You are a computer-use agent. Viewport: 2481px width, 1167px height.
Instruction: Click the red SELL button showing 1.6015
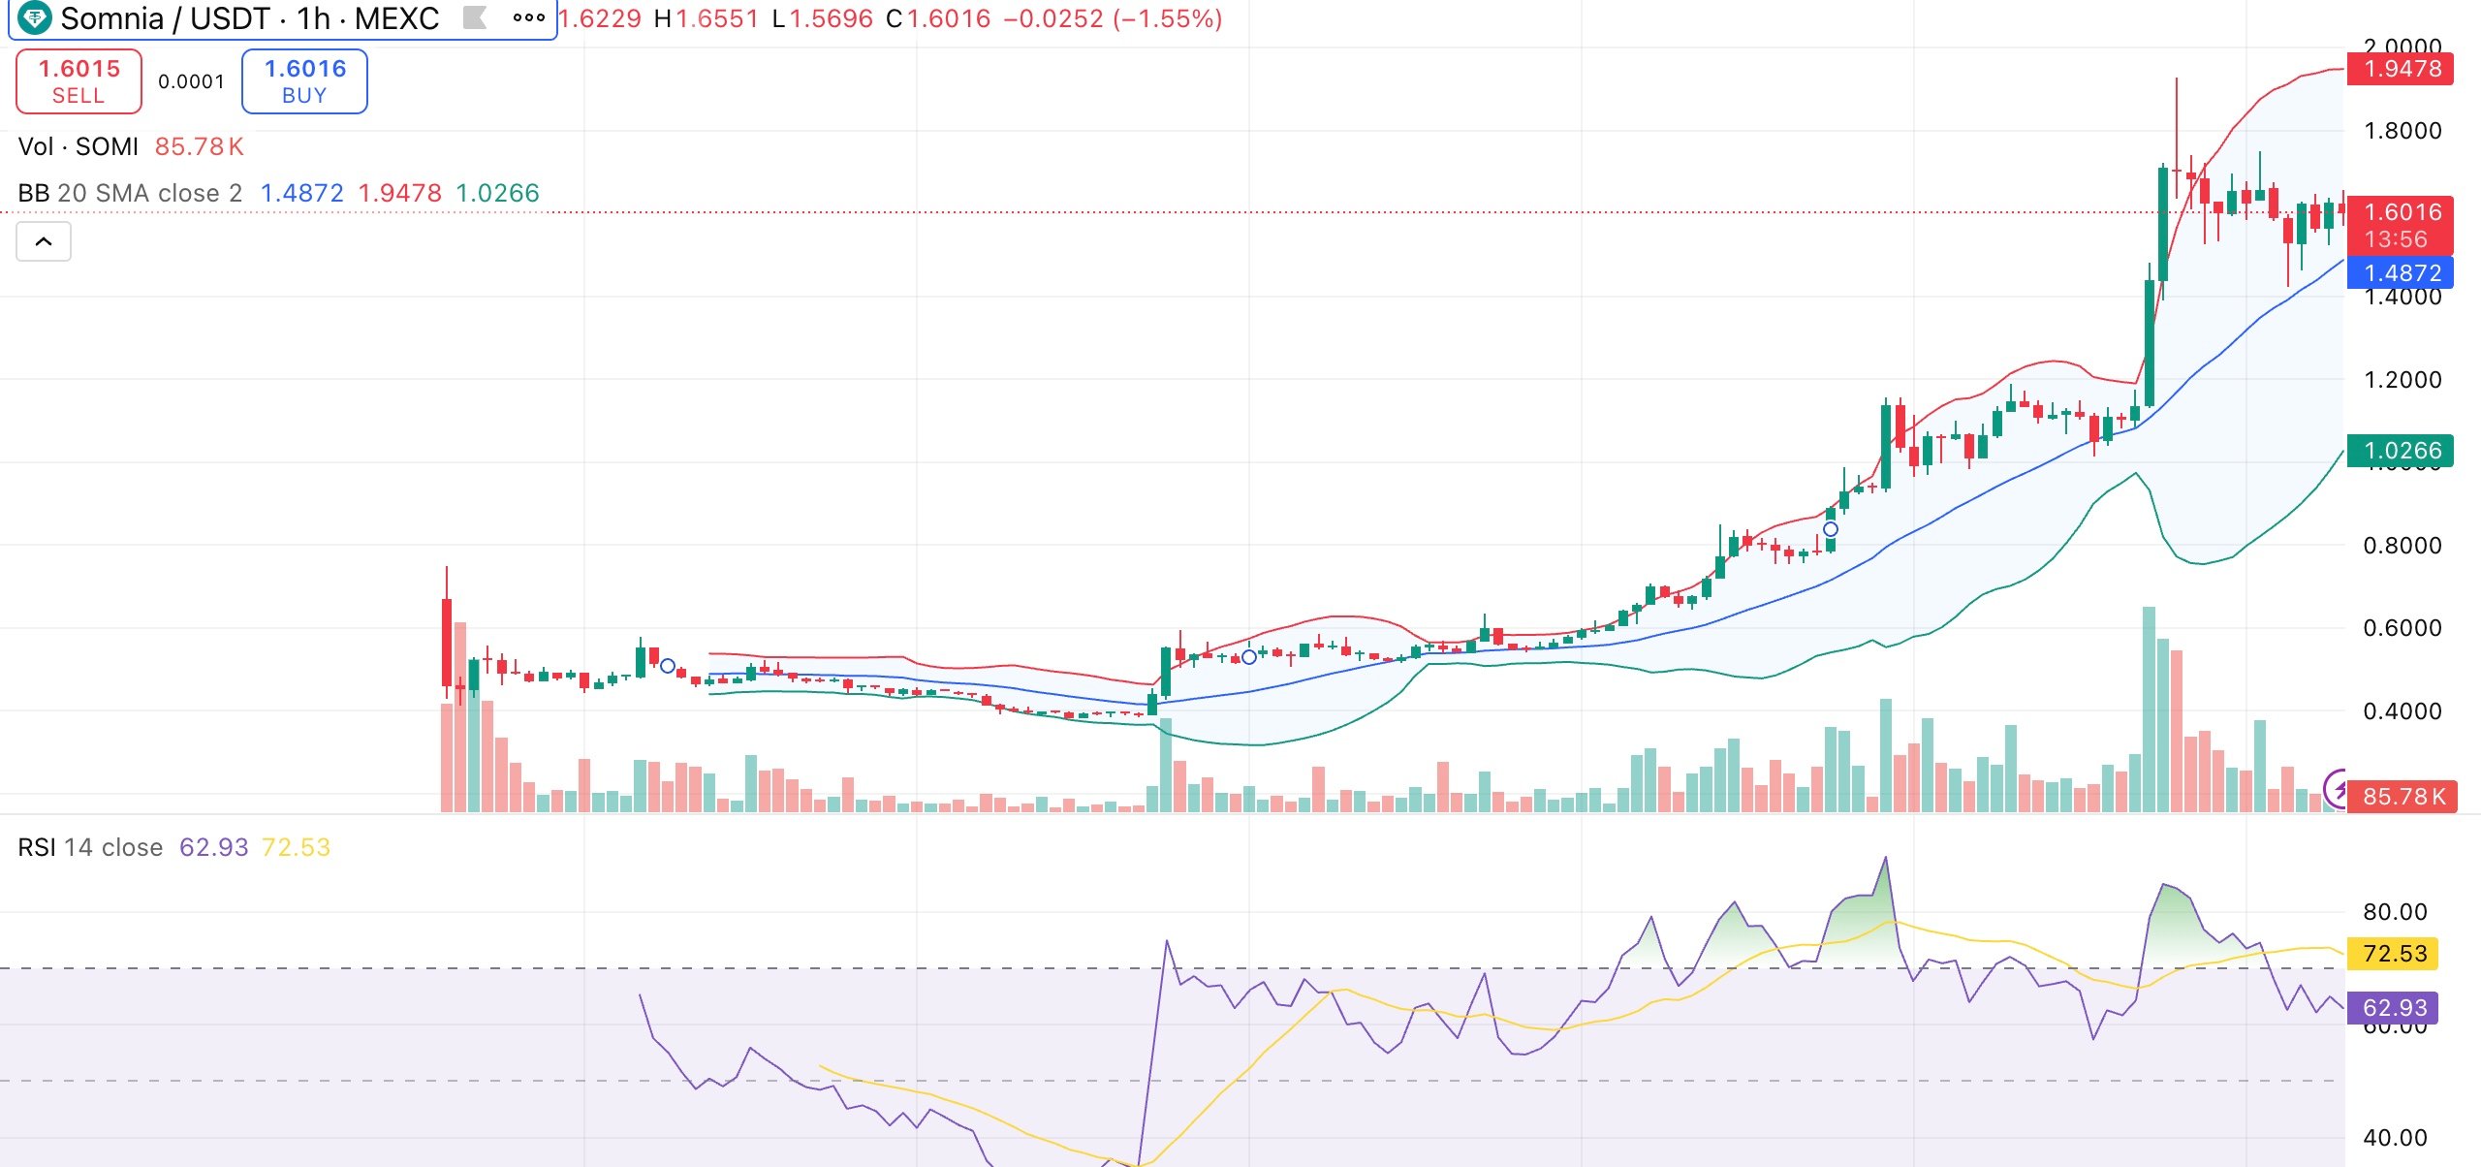(x=79, y=81)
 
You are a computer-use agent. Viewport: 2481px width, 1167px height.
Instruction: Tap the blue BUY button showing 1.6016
(x=304, y=81)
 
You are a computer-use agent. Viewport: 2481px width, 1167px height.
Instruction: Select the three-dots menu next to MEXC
(x=528, y=17)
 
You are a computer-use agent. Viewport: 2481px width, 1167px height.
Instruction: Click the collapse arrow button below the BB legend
(x=44, y=241)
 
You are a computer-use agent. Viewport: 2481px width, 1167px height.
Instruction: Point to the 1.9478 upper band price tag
(x=2402, y=69)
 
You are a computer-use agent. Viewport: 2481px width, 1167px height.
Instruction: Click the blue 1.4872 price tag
(x=2402, y=273)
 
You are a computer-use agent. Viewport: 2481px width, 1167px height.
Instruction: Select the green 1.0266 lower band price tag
(x=2402, y=451)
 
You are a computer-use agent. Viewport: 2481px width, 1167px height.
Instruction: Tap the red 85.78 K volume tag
(x=2402, y=797)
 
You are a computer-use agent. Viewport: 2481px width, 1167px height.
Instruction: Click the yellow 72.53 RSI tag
(x=2394, y=954)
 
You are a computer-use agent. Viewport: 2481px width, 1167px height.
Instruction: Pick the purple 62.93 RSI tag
(x=2394, y=1008)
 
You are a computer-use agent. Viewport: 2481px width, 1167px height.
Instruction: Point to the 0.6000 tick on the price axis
(x=2402, y=628)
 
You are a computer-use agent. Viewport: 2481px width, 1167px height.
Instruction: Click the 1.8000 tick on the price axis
(x=2402, y=131)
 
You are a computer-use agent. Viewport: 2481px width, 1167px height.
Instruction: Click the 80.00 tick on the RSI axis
(x=2394, y=912)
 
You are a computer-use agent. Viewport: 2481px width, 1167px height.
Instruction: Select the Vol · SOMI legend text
(x=79, y=146)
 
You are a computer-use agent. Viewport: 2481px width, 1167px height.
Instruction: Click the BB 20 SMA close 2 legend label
(x=130, y=193)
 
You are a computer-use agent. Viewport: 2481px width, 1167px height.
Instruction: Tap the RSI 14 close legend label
(x=90, y=847)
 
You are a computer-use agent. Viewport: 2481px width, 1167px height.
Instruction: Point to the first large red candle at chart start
(x=447, y=642)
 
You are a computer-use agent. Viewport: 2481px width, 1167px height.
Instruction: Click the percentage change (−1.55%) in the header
(x=1168, y=18)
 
